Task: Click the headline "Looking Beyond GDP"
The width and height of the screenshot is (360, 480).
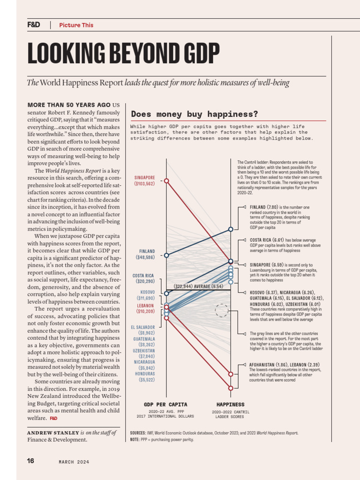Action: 123,53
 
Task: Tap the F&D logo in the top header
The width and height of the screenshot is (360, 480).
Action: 34,25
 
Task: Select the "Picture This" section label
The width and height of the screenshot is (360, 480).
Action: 76,25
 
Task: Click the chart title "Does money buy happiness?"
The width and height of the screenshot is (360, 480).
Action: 194,114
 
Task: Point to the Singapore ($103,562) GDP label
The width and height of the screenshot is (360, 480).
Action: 144,180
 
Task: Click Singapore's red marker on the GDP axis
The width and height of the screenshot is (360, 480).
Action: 166,180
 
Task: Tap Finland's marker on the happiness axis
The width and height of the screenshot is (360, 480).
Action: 231,229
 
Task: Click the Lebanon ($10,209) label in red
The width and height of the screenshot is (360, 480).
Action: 144,308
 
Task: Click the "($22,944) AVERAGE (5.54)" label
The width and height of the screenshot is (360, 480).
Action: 198,286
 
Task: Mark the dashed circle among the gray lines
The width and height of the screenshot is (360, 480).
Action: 221,310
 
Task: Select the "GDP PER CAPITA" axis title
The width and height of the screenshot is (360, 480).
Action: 165,404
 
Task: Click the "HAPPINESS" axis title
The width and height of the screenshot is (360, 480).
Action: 230,404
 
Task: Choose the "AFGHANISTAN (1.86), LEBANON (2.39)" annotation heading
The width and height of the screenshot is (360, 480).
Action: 285,364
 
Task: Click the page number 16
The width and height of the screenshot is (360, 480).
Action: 31,461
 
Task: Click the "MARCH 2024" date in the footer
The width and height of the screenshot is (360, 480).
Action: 74,462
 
